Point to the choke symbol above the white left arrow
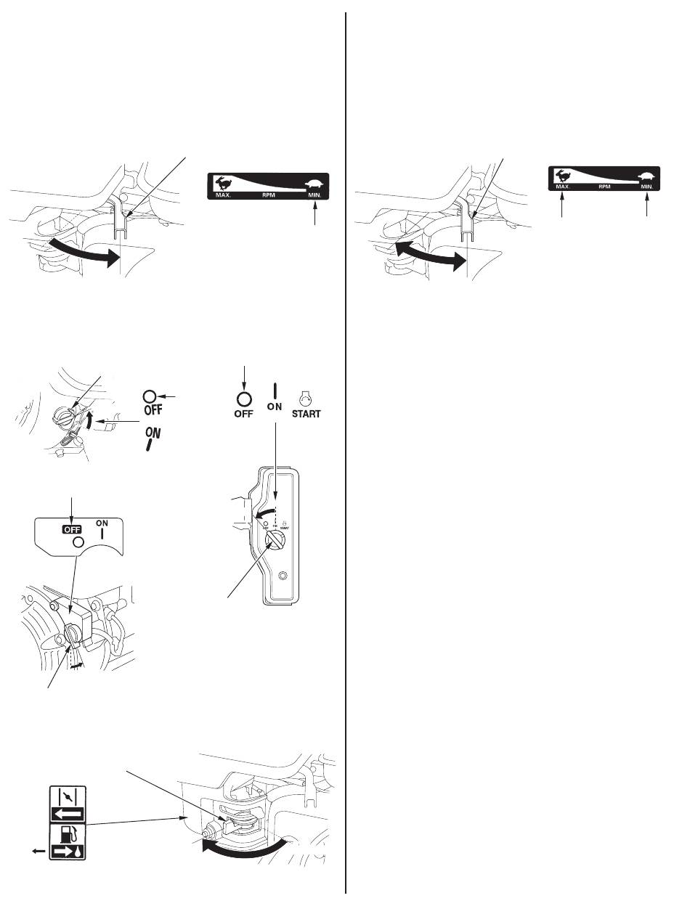pyautogui.click(x=67, y=796)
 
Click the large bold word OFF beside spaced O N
pyautogui.click(x=243, y=415)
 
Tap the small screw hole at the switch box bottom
pyautogui.click(x=283, y=576)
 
